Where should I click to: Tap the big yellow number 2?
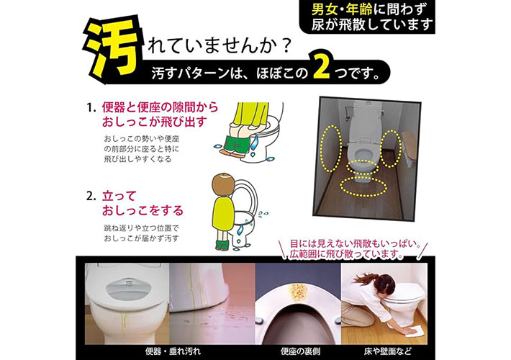tap(322, 66)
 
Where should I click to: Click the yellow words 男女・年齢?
tap(342, 9)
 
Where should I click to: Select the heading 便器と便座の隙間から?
tap(160, 107)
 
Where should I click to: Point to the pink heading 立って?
tap(119, 196)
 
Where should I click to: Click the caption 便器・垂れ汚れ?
tap(173, 351)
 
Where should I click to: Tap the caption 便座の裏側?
tap(300, 351)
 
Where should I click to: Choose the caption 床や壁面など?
tap(387, 351)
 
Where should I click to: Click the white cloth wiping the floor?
tap(413, 330)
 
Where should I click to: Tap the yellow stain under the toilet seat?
tap(297, 292)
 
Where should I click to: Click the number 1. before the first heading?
tap(91, 107)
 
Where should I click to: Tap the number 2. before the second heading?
tap(91, 197)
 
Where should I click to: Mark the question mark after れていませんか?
tap(286, 46)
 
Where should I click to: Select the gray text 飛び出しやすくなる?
tap(137, 159)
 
